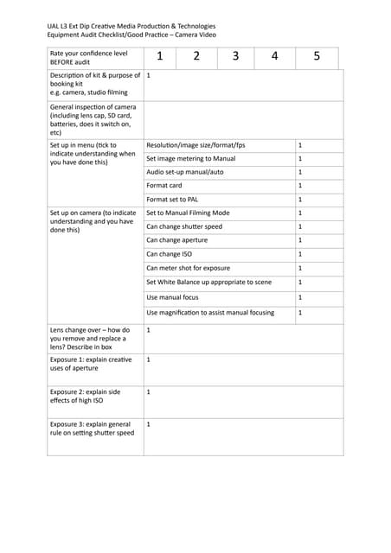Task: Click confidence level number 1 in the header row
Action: point(160,57)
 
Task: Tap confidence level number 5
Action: point(317,57)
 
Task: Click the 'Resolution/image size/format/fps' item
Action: point(196,145)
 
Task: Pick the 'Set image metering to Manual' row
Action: point(190,158)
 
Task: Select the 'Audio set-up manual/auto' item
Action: point(185,172)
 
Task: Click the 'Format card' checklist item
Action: point(164,186)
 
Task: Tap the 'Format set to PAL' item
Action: point(173,200)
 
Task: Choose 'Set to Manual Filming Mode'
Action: point(188,213)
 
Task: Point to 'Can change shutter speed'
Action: point(184,226)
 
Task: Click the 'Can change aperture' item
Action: point(177,239)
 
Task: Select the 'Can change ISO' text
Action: point(170,254)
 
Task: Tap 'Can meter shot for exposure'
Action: point(189,268)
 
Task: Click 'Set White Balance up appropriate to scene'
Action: point(208,282)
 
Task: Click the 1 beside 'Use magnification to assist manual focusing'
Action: point(300,312)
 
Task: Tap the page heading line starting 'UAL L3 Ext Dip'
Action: point(131,27)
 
